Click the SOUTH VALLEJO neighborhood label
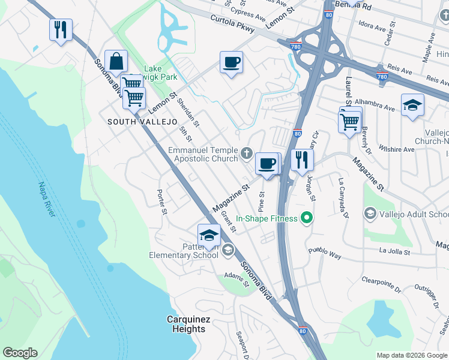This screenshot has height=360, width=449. pyautogui.click(x=142, y=122)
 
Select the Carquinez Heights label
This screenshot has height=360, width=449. pyautogui.click(x=186, y=324)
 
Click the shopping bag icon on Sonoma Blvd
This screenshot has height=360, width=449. pyautogui.click(x=116, y=62)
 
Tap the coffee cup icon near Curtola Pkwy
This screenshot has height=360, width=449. pyautogui.click(x=231, y=62)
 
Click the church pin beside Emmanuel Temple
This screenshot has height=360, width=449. pyautogui.click(x=246, y=155)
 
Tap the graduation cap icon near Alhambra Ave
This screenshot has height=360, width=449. pyautogui.click(x=412, y=105)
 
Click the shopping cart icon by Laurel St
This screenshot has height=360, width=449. pyautogui.click(x=350, y=121)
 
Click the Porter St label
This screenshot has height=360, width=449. pyautogui.click(x=161, y=202)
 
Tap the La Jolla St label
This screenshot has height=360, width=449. pyautogui.click(x=394, y=252)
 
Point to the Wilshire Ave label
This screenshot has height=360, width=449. pyautogui.click(x=400, y=149)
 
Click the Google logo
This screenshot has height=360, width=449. pyautogui.click(x=20, y=353)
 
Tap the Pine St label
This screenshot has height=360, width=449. pyautogui.click(x=262, y=202)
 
